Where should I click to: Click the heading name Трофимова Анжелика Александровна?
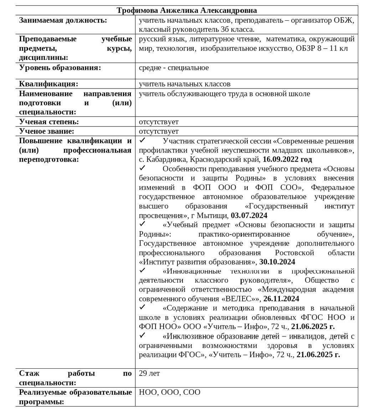[x=187, y=10]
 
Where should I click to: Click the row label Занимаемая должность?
[x=63, y=20]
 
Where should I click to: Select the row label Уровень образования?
[x=60, y=68]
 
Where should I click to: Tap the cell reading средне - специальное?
[x=174, y=68]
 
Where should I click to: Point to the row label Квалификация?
[x=49, y=84]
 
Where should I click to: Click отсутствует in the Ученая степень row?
[x=159, y=122]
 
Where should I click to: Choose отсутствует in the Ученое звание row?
[x=159, y=131]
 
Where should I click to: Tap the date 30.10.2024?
[x=277, y=262]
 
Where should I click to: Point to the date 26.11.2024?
[x=281, y=299]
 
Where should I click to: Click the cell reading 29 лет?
[x=149, y=373]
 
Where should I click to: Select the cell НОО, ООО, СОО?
[x=170, y=392]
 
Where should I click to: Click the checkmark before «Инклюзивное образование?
[x=142, y=335]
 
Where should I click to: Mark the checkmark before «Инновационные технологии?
[x=142, y=270]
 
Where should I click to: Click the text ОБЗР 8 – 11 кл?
[x=322, y=49]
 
